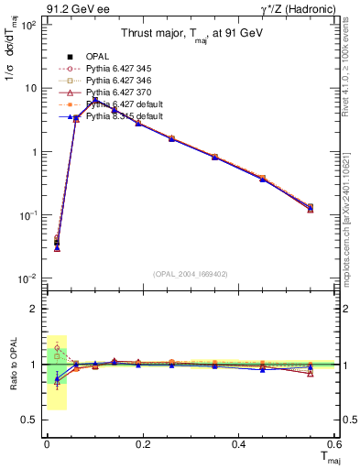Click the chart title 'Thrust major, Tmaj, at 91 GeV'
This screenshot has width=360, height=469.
pyautogui.click(x=193, y=34)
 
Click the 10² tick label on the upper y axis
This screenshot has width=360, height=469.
pyautogui.click(x=28, y=25)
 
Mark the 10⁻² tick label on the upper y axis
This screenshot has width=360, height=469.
pyautogui.click(x=28, y=278)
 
